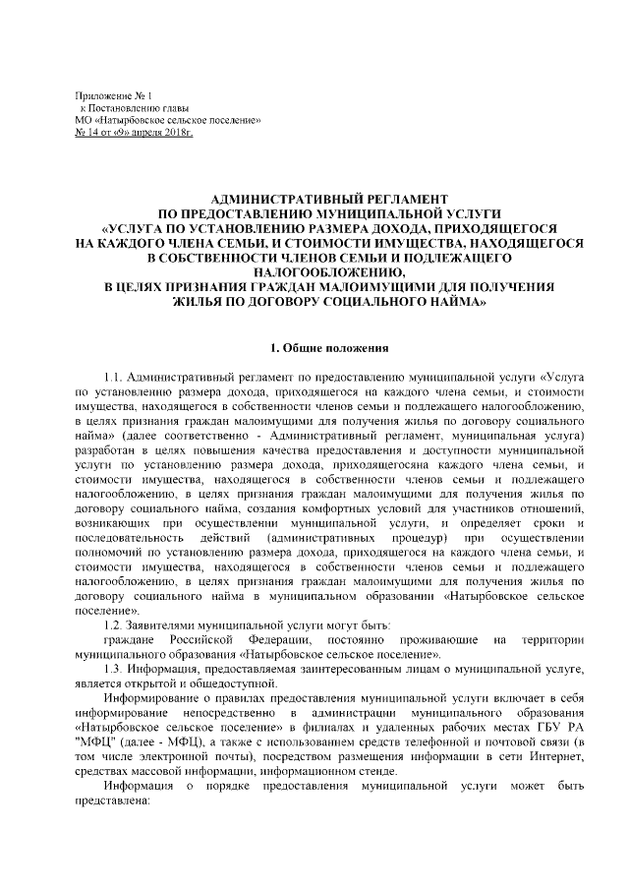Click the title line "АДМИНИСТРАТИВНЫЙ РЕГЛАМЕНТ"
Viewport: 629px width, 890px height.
316,198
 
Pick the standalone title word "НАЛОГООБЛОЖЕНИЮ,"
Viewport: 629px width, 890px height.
315,271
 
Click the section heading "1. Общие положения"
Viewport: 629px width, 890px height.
315,347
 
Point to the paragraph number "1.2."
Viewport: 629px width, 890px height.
116,625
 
